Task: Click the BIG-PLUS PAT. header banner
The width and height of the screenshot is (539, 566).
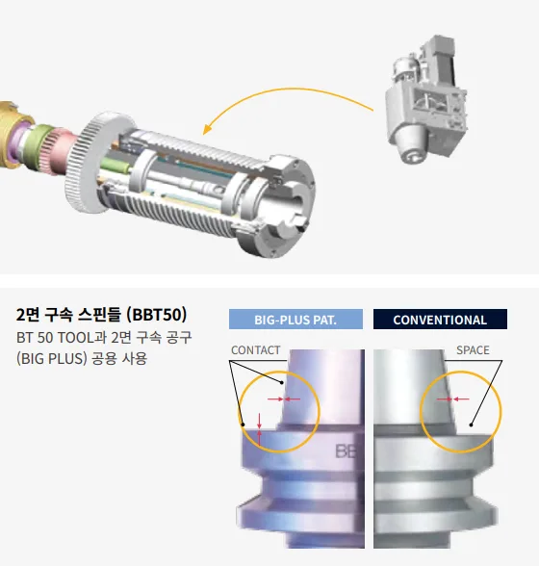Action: tap(295, 320)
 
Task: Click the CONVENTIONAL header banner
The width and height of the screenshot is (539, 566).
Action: tap(440, 320)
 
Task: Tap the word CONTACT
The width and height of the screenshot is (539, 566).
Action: tap(256, 350)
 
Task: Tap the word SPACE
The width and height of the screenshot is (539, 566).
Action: tap(473, 350)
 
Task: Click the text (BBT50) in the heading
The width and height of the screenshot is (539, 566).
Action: tap(157, 315)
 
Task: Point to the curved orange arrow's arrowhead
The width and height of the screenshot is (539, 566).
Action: tap(207, 129)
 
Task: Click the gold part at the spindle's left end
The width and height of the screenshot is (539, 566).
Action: tap(12, 135)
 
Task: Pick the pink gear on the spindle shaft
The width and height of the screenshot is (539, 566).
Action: tap(63, 150)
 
